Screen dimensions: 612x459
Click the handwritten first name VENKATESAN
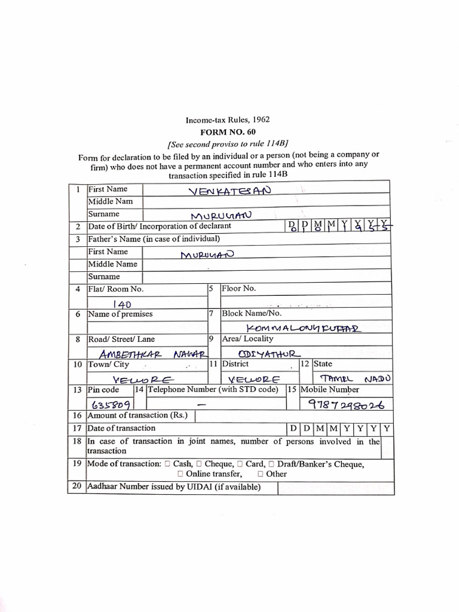(x=229, y=191)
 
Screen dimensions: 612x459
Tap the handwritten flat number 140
(x=122, y=304)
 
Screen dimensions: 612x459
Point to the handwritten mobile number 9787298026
(x=345, y=404)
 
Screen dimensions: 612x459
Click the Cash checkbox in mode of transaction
(x=167, y=464)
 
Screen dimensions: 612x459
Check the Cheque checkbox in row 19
(x=200, y=464)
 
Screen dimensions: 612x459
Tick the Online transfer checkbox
(x=180, y=474)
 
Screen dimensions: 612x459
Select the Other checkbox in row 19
(x=261, y=474)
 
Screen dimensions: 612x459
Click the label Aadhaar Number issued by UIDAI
(x=174, y=487)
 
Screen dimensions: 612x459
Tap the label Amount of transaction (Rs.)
(x=137, y=415)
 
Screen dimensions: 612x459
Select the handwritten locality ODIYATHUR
(x=265, y=353)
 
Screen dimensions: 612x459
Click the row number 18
(x=76, y=442)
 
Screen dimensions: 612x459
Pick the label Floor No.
(x=238, y=288)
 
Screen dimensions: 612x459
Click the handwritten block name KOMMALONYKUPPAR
(x=305, y=328)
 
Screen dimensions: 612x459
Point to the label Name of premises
(x=120, y=314)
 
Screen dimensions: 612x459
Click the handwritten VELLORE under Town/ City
(x=143, y=380)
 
